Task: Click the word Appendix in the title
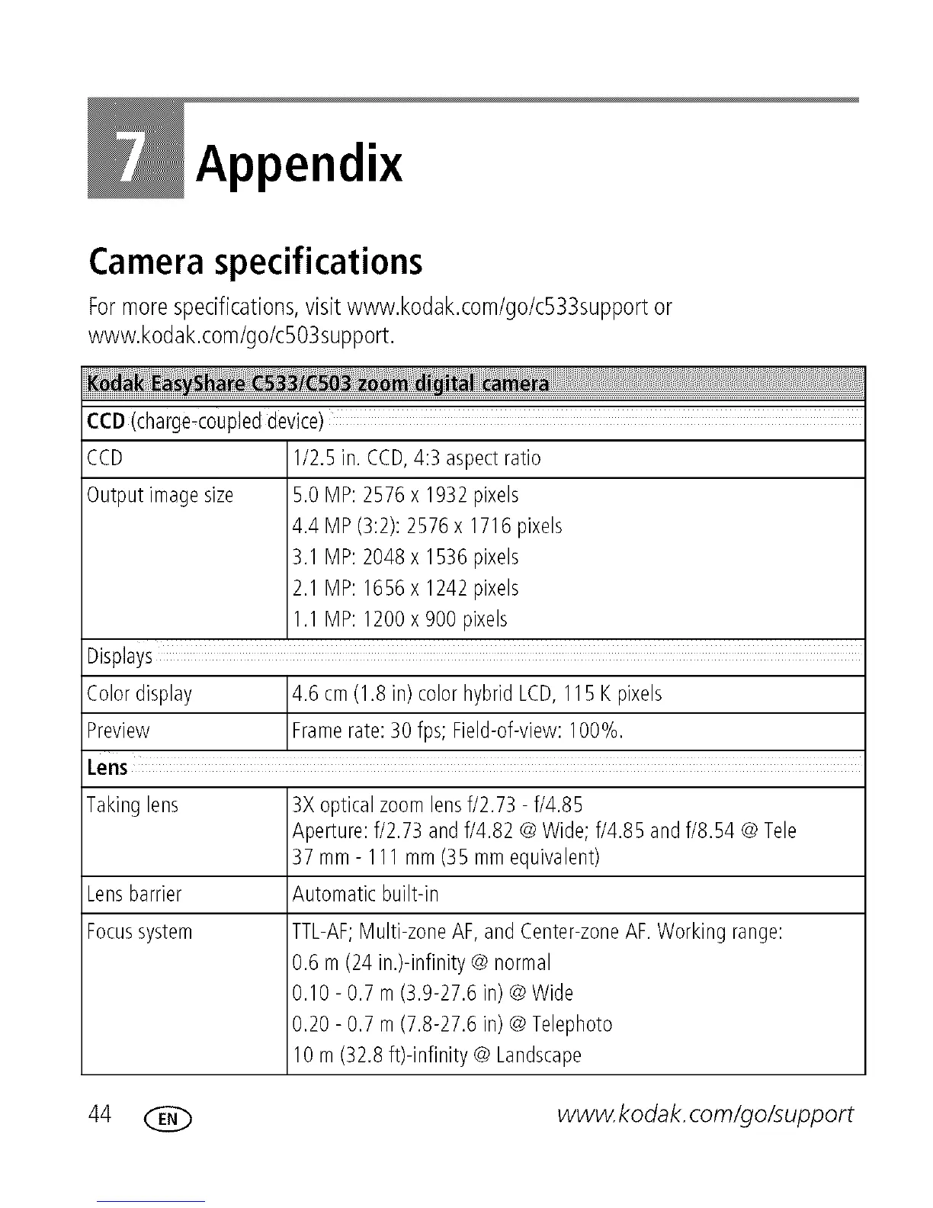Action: [x=299, y=162]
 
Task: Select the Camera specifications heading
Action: [x=255, y=262]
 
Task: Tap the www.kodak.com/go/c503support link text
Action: [x=241, y=335]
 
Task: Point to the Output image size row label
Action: [x=160, y=496]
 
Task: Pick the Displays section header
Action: [x=120, y=657]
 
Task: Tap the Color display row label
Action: [x=139, y=694]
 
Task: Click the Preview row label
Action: [x=118, y=731]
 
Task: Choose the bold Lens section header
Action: [x=107, y=767]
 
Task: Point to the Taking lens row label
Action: [x=133, y=805]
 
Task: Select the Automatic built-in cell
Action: [x=366, y=894]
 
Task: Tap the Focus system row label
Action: [x=139, y=932]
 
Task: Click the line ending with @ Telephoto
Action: [x=452, y=1023]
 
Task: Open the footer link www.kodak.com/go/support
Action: [x=705, y=1115]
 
